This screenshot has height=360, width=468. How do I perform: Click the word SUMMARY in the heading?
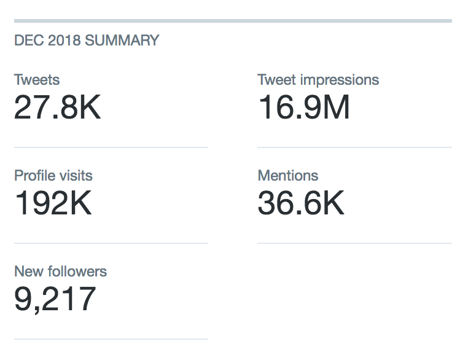pos(122,41)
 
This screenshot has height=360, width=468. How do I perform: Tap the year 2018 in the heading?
pos(64,41)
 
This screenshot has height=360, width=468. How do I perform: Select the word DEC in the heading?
pos(29,41)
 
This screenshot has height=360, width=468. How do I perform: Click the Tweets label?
pos(37,80)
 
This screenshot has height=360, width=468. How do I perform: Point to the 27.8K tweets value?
pos(57,107)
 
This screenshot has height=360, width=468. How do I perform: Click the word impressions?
pos(340,80)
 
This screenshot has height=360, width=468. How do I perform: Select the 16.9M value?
pos(303,107)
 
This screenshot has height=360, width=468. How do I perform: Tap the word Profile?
pos(33,176)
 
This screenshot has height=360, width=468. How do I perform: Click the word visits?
pos(74,176)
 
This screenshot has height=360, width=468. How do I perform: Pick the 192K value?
pos(53,203)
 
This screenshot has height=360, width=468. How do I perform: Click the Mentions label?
pos(288,176)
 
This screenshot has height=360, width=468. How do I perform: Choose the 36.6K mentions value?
pos(301,203)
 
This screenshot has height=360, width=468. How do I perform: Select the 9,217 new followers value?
pos(55,299)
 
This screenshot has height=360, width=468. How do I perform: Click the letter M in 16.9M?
pos(336,107)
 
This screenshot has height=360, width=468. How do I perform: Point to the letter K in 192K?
pos(81,203)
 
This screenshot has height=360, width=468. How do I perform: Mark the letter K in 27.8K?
pos(90,107)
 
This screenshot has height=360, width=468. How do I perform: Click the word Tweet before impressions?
pos(277,80)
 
